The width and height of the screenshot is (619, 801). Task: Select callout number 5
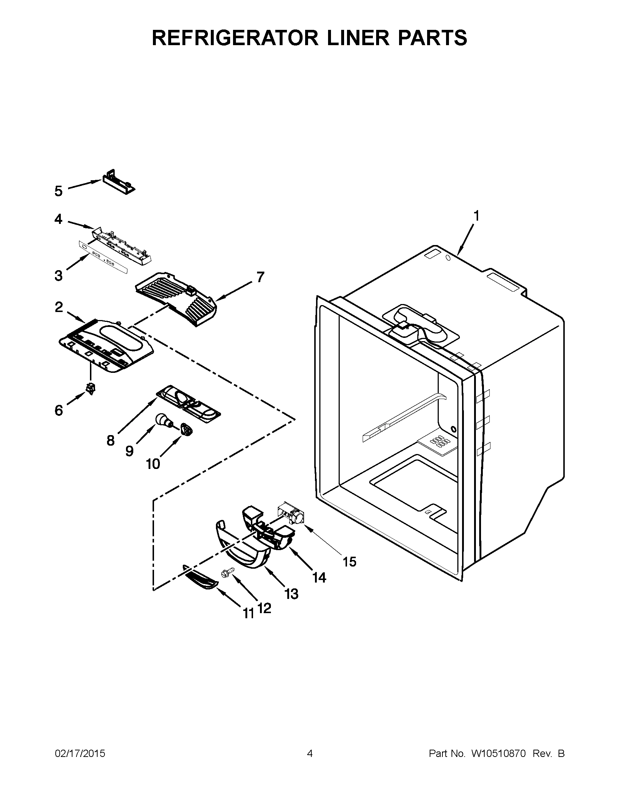(x=59, y=191)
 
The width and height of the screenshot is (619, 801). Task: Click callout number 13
(x=292, y=593)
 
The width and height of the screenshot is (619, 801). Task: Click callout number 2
(x=59, y=307)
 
